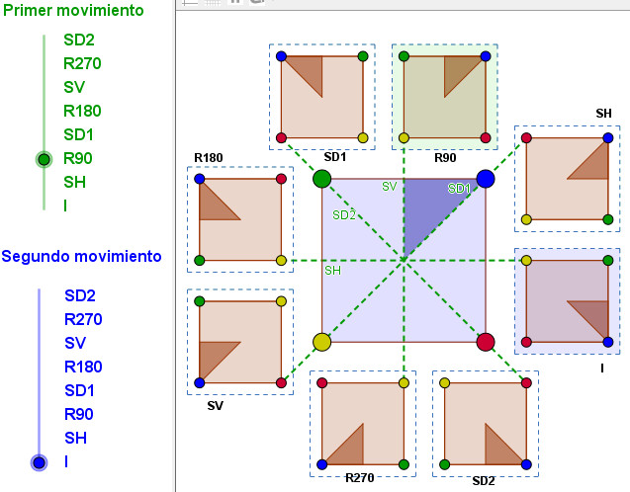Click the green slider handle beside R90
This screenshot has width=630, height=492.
44,159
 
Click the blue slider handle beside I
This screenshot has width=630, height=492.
39,462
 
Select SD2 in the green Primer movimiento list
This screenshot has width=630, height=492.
79,40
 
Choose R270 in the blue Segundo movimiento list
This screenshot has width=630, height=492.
83,319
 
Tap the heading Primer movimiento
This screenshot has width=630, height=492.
73,10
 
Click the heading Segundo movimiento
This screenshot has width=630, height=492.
81,256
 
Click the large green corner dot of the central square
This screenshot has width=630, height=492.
321,179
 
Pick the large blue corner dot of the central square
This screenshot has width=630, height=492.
486,179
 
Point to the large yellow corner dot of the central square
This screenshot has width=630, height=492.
321,342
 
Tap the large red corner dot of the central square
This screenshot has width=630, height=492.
486,342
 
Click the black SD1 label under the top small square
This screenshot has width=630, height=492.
335,157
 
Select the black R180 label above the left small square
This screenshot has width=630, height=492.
208,158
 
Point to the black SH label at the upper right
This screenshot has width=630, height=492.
603,114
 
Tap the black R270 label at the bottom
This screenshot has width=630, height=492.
360,477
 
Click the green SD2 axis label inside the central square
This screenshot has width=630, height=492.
344,215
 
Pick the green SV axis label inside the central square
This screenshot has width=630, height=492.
390,186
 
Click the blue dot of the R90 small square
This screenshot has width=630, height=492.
486,56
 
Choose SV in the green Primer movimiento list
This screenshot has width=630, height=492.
74,87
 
